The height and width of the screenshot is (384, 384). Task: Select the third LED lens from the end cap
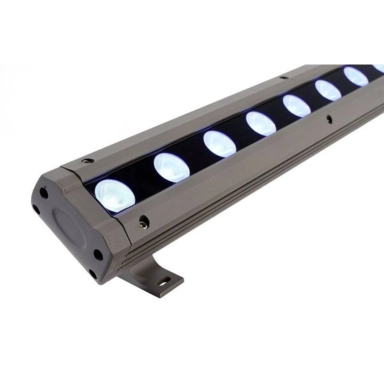tap(220, 144)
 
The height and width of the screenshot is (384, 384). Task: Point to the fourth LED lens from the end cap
tap(261, 124)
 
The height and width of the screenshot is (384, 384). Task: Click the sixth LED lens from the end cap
tap(328, 90)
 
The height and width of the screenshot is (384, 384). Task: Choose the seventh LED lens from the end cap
tap(356, 76)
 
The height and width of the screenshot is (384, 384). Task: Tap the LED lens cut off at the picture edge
tap(379, 68)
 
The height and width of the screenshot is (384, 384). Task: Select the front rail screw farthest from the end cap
tap(328, 119)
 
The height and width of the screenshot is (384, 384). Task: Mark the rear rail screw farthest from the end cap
tap(283, 78)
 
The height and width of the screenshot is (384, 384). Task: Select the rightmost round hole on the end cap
tap(98, 253)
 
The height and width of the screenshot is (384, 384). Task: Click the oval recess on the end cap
tap(69, 230)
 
